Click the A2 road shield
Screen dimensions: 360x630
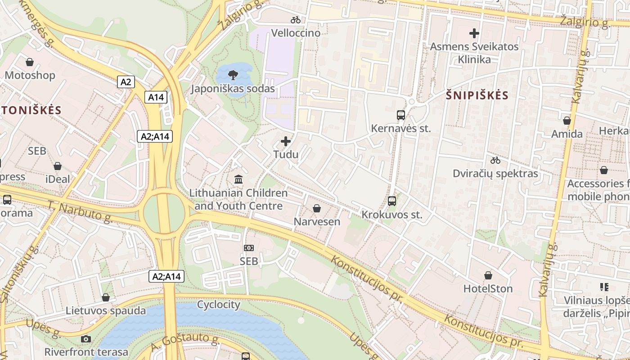126,82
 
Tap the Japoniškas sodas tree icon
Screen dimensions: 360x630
233,75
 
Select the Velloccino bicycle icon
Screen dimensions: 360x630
296,20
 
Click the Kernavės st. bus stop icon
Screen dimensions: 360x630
401,115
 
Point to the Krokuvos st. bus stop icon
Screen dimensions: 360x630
392,201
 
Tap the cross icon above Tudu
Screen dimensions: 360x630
286,141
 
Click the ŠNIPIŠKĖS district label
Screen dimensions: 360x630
477,95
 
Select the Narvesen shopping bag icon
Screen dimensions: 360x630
317,208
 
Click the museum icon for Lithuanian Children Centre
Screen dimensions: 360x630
238,180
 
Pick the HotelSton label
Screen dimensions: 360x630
488,288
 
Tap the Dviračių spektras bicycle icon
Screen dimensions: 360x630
495,160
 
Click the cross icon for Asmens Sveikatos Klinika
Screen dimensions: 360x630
474,33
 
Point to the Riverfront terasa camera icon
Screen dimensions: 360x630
86,339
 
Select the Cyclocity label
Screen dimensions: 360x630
219,305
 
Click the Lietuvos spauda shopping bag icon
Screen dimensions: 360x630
106,297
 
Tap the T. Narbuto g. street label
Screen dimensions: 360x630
80,212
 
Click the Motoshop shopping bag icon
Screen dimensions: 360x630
30,62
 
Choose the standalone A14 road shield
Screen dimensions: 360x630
156,97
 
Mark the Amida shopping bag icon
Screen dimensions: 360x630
567,121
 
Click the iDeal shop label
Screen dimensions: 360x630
58,179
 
